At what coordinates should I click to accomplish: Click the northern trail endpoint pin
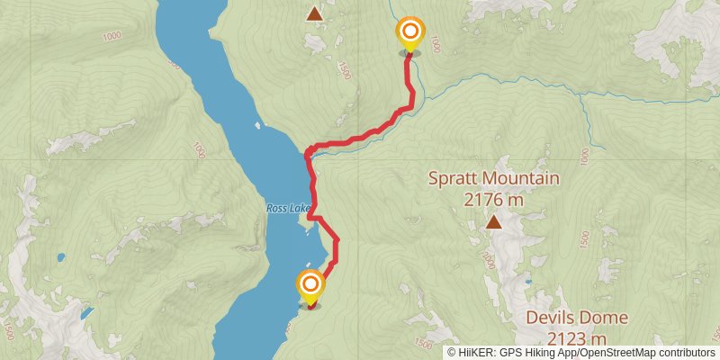410,34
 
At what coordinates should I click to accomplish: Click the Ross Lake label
288,208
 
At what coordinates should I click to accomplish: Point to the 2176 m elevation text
494,201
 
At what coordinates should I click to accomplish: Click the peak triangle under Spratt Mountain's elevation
493,221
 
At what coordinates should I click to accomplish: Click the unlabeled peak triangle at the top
314,13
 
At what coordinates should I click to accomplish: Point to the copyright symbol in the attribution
452,353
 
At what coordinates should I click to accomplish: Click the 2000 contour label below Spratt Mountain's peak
488,261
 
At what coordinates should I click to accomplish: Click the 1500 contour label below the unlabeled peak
343,69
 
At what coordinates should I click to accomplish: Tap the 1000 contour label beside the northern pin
436,42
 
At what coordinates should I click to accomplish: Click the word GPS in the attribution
509,353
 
